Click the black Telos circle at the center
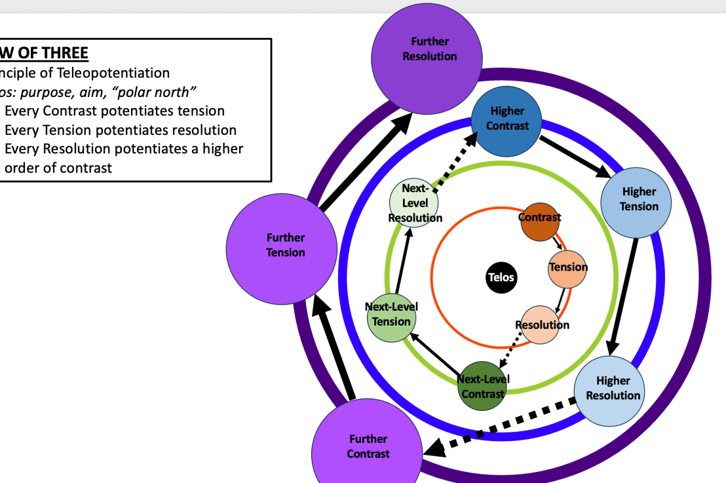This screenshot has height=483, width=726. click(x=501, y=277)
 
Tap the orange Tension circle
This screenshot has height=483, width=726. click(x=567, y=269)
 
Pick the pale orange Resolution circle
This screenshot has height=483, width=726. click(x=541, y=325)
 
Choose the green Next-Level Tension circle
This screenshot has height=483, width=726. click(x=392, y=317)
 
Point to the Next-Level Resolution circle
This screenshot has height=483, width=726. click(x=414, y=204)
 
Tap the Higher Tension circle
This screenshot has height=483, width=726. click(x=638, y=199)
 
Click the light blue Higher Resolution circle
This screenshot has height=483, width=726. click(x=612, y=389)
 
